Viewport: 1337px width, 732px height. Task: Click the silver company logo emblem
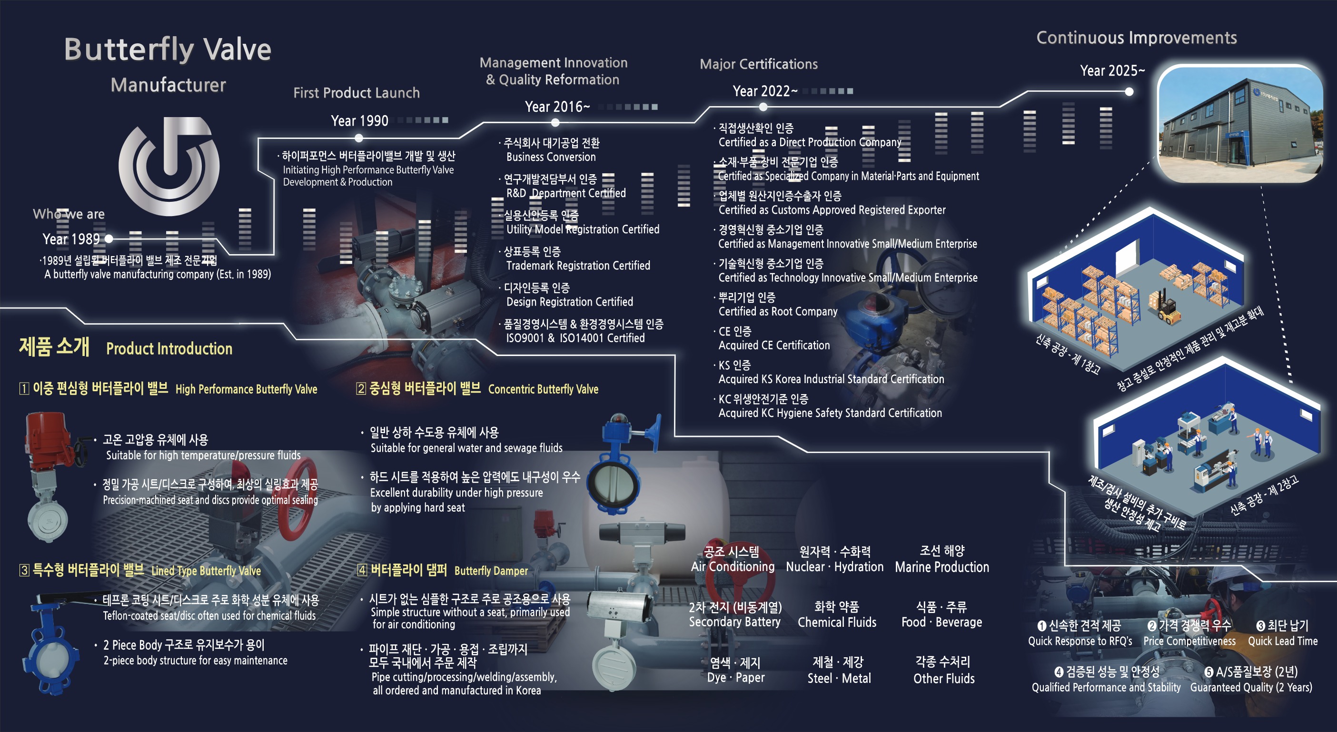pos(168,166)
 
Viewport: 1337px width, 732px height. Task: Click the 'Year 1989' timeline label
pos(71,239)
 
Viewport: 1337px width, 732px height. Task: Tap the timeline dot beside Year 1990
pos(359,138)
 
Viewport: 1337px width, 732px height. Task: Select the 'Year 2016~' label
pos(557,107)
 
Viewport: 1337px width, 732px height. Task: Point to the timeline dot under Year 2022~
pos(763,107)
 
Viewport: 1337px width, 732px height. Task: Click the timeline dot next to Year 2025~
pos(1129,92)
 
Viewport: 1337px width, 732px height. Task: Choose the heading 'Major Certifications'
pos(759,64)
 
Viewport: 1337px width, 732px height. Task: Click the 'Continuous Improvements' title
pos(1137,38)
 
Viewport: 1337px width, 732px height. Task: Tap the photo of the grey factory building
pos(1240,124)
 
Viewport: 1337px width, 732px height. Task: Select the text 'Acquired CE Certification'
pos(774,345)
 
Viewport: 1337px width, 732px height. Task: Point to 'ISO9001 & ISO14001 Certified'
pos(575,338)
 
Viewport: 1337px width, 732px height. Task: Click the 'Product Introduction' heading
pos(169,349)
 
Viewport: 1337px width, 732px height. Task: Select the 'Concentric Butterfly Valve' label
pos(543,389)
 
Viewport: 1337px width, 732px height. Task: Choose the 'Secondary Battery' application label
pos(734,622)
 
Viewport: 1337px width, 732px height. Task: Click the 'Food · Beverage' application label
pos(941,622)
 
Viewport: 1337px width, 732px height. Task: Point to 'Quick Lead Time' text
pos(1283,641)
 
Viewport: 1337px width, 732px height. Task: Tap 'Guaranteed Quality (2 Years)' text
pos(1251,687)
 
